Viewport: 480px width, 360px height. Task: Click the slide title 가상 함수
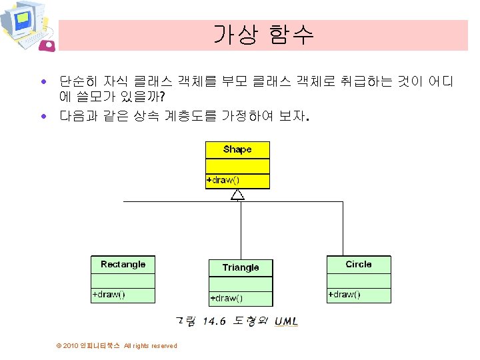[263, 35]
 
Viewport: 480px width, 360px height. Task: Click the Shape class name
[237, 149]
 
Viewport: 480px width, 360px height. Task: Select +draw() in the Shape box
[223, 181]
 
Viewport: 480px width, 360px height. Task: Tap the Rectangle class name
[123, 265]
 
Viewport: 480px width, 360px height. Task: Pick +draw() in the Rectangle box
[109, 295]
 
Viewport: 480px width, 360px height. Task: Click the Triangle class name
[241, 267]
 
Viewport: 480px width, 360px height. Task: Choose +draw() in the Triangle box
[227, 298]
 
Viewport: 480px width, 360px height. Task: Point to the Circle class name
[359, 265]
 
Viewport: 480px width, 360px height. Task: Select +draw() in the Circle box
[345, 295]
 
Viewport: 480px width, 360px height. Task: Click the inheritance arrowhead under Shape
[237, 195]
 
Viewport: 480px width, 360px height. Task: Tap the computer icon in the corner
[27, 27]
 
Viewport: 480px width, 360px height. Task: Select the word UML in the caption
[286, 322]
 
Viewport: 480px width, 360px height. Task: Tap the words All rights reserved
[151, 345]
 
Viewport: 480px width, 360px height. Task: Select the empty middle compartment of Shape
[237, 166]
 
